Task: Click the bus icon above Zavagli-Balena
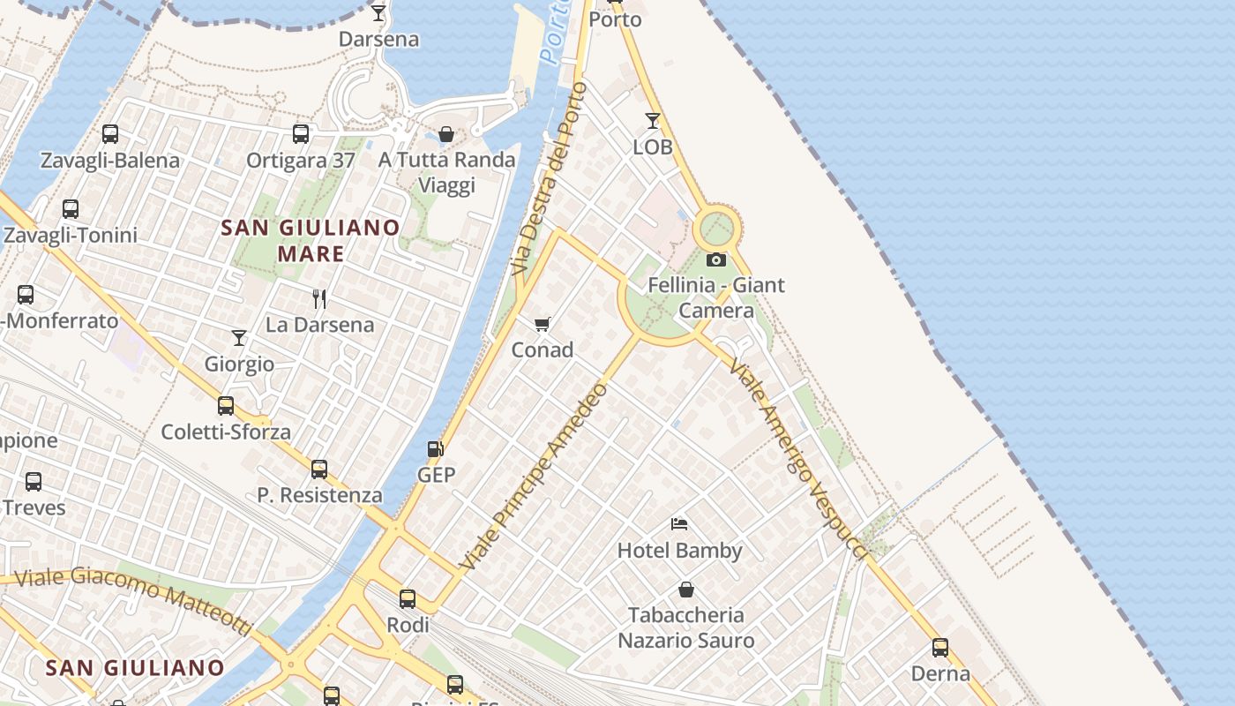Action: coord(110,134)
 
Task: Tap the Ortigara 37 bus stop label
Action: coord(301,161)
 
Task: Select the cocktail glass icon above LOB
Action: coord(653,121)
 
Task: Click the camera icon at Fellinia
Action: coord(716,259)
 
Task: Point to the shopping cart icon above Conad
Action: coord(543,325)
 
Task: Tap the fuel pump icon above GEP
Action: coord(435,449)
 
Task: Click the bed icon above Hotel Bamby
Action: coord(679,524)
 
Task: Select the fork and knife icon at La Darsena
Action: coord(319,299)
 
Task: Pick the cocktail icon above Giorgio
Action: coord(239,338)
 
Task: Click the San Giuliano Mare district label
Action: coord(311,241)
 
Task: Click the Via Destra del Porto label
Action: coord(548,176)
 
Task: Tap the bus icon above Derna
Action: coord(940,648)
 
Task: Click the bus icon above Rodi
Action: coord(408,599)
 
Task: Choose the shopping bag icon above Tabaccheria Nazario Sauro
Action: coord(686,590)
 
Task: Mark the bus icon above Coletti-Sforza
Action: coord(226,406)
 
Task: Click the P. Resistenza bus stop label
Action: coord(320,495)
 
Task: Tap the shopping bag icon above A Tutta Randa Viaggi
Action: coord(446,134)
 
